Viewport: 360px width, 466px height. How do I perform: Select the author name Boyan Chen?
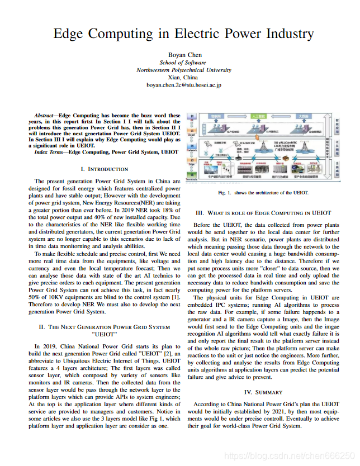coord(183,54)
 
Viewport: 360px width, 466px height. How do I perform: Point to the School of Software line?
coord(183,63)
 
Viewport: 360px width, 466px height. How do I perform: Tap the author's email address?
coord(183,85)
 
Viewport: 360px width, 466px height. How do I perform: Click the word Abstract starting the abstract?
coord(44,116)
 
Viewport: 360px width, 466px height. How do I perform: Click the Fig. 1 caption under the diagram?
coord(263,193)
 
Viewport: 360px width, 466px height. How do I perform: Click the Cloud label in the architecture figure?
coord(191,135)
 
